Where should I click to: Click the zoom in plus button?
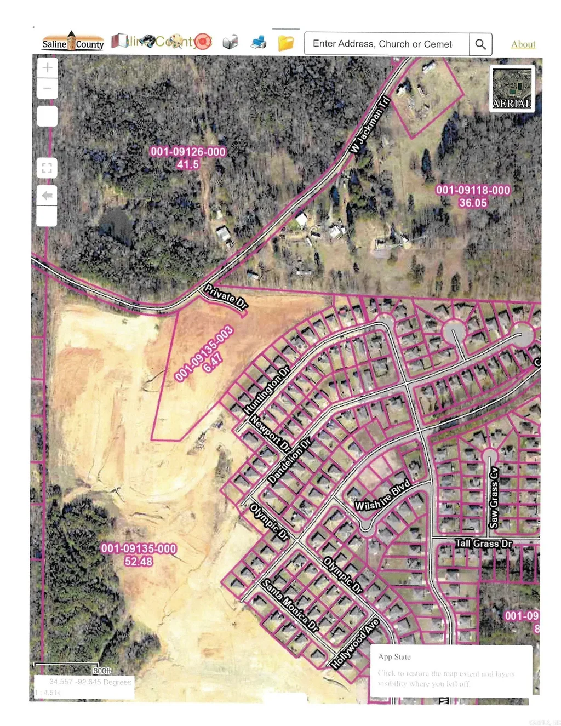click(48, 68)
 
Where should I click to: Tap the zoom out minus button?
click(48, 88)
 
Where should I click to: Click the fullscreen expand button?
click(47, 168)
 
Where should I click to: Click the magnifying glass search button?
click(480, 44)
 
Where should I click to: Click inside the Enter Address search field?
click(386, 44)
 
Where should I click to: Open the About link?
click(523, 44)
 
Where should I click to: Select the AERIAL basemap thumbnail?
click(512, 88)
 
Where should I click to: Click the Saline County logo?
click(73, 42)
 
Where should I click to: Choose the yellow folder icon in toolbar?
click(285, 43)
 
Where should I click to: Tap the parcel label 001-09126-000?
click(188, 152)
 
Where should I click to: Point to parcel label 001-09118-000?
click(473, 190)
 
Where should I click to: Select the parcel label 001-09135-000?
click(139, 548)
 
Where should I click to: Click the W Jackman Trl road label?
click(370, 125)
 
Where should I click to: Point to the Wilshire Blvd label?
click(382, 495)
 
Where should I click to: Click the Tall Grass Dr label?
click(484, 544)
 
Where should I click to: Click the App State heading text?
click(394, 656)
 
